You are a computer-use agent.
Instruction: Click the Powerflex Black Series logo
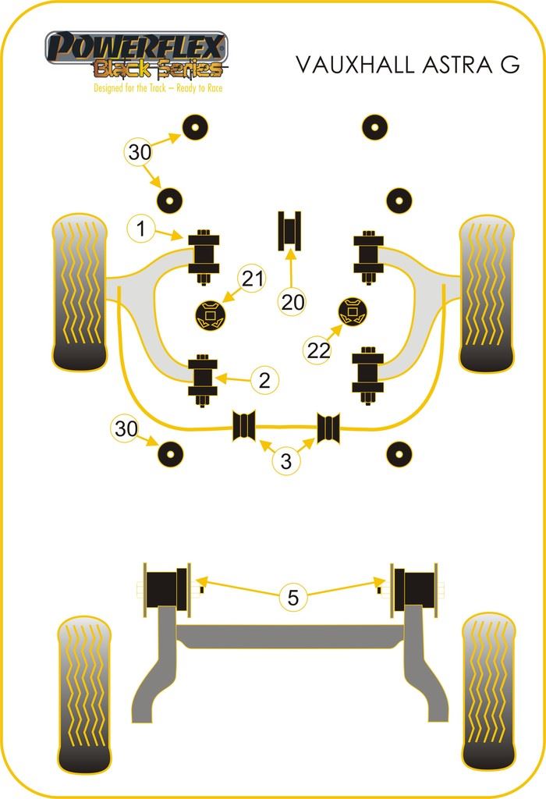pos(136,55)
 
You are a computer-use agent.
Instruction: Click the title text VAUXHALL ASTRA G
pos(406,65)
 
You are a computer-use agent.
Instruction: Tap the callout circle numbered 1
pos(141,229)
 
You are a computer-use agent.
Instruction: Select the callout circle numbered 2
pos(264,380)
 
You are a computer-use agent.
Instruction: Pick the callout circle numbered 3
pos(286,461)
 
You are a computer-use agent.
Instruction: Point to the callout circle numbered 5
pos(292,598)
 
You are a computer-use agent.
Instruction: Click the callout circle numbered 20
pos(292,302)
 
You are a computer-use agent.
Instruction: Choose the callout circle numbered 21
pos(252,279)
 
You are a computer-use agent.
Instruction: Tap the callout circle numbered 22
pos(318,351)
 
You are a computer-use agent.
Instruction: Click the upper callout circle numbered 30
pos(140,152)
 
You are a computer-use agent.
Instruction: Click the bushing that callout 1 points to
pos(204,258)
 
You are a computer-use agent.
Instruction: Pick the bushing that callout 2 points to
pos(204,380)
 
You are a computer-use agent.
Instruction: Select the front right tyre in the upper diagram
pos(487,293)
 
